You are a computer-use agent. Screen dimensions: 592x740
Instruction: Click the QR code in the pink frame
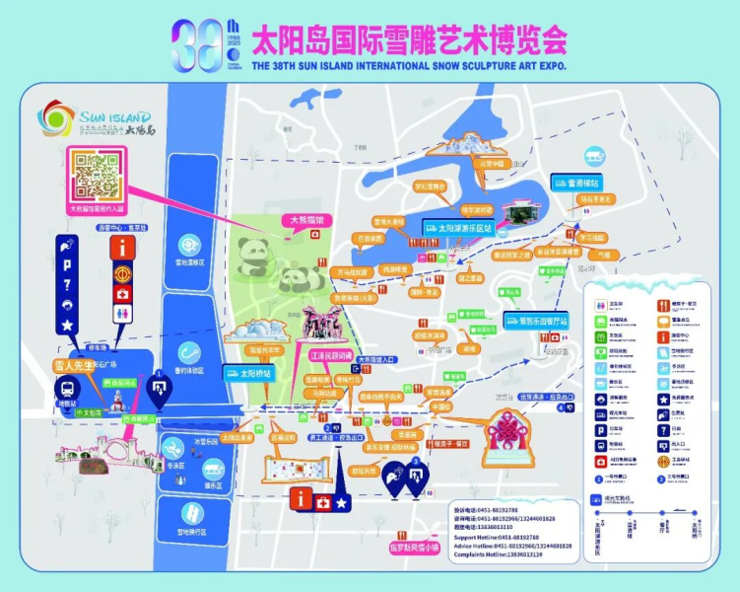coord(97,179)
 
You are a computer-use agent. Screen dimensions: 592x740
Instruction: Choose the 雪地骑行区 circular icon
coord(188,513)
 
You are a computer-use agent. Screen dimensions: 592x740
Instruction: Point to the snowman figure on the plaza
coord(118,400)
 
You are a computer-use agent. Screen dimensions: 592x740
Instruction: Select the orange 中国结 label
coord(442,406)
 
